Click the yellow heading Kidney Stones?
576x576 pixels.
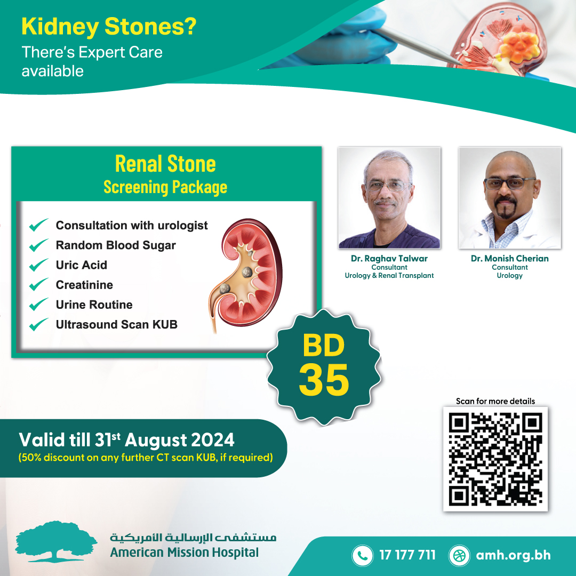click(109, 27)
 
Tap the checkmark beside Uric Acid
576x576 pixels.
click(38, 265)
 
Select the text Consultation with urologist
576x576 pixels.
click(132, 225)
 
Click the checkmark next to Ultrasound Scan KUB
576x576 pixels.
click(38, 324)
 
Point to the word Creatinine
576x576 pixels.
click(84, 285)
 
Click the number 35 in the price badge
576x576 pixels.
click(324, 380)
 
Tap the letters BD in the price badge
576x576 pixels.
click(324, 345)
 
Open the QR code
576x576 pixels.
click(495, 459)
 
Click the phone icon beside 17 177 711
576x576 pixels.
click(362, 555)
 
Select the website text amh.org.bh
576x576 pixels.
click(513, 555)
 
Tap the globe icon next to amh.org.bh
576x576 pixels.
click(459, 555)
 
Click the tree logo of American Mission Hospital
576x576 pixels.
click(56, 541)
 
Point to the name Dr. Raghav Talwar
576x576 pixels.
click(389, 259)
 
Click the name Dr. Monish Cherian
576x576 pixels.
click(510, 259)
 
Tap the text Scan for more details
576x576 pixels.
click(495, 401)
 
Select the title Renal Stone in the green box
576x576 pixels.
click(165, 164)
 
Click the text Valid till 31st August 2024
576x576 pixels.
click(126, 439)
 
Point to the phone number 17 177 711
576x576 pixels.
click(407, 555)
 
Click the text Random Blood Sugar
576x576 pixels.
click(116, 245)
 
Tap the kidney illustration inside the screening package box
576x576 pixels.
click(246, 275)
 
